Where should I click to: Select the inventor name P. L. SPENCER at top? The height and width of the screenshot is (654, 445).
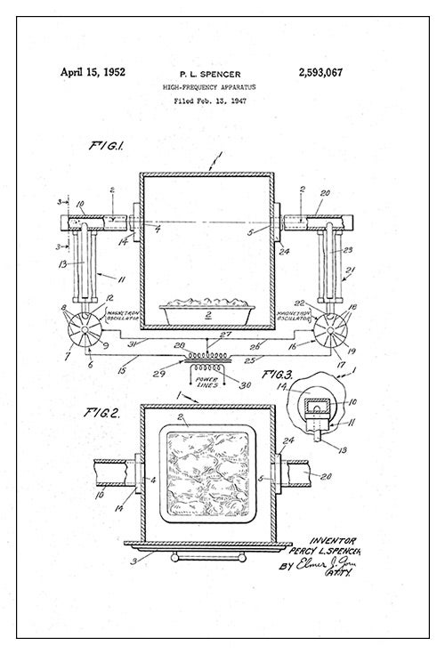point(209,75)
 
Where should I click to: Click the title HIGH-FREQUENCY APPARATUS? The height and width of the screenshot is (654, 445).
point(209,88)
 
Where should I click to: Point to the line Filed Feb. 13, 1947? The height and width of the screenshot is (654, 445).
point(209,101)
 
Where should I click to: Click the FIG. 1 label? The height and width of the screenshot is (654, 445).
point(109,145)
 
